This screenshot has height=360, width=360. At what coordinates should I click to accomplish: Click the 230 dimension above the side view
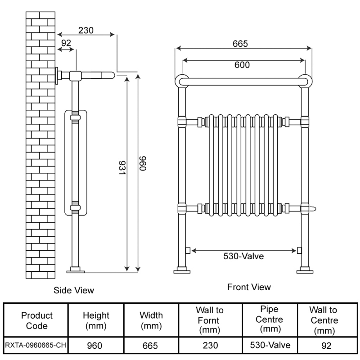click(85, 31)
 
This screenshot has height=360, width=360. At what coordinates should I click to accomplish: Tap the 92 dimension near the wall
click(66, 43)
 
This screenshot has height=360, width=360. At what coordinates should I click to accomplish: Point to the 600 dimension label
click(242, 65)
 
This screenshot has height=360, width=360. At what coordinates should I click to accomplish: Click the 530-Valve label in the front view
click(243, 256)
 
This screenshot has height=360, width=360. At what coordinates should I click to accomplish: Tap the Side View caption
click(74, 290)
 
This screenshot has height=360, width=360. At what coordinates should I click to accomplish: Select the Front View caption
click(249, 287)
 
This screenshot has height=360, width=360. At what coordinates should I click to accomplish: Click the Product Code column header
click(37, 320)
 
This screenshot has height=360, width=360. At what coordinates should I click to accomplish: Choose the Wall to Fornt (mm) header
click(210, 320)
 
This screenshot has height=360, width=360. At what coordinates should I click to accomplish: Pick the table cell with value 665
click(151, 346)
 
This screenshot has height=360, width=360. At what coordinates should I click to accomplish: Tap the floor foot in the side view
click(75, 270)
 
